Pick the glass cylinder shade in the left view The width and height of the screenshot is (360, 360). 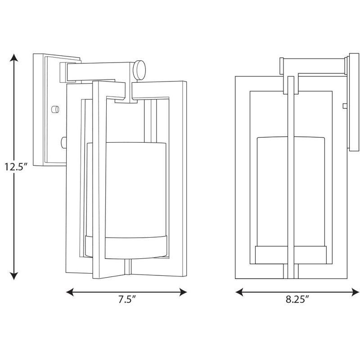pyautogui.click(x=135, y=189)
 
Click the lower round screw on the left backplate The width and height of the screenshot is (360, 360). pyautogui.click(x=63, y=143)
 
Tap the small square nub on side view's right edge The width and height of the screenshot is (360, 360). pyautogui.click(x=344, y=106)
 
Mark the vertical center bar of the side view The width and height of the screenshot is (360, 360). pyautogui.click(x=291, y=180)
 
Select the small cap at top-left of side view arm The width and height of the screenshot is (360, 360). pyautogui.click(x=281, y=66)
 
